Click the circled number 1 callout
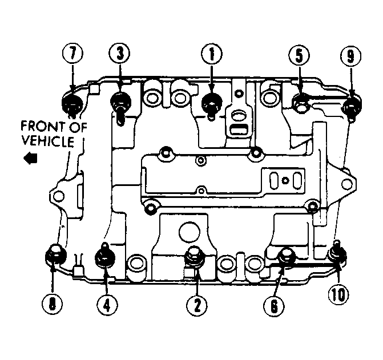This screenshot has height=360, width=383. coord(212,54)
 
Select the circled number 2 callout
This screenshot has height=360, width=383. coord(197,306)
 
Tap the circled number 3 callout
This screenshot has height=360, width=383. coord(120,53)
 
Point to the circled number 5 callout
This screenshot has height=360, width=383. coord(299,55)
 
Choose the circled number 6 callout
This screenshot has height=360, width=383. coord(274,306)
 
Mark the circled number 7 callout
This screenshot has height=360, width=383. coord(72,53)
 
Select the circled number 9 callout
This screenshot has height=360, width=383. coord(350,56)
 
